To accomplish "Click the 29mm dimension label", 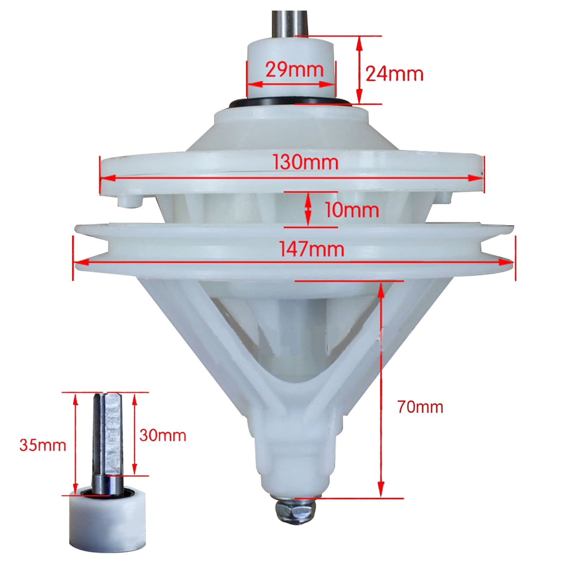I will click(294, 69).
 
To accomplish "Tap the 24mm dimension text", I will click(394, 74).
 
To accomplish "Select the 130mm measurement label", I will click(306, 163).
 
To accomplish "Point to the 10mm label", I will click(351, 210).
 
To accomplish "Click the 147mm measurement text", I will click(312, 249).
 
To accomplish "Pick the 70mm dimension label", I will click(420, 407).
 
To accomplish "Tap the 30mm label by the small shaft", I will click(163, 435).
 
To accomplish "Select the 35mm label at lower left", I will click(43, 445).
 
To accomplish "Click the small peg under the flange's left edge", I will click(129, 202).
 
